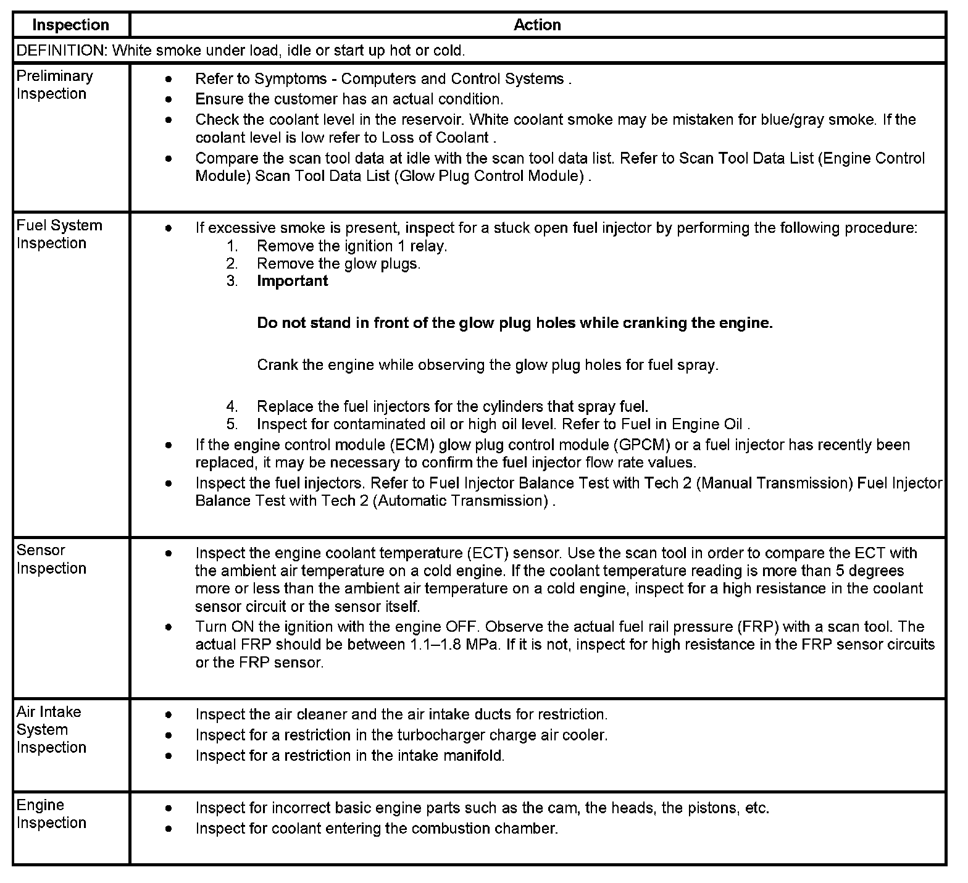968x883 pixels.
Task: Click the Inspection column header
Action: coord(70,25)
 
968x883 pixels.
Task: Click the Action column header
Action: coord(537,25)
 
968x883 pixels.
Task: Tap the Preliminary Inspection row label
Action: coord(54,85)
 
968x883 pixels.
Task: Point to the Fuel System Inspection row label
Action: coord(59,234)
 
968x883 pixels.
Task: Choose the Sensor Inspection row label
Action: coord(51,559)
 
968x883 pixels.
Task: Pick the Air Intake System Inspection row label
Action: coord(51,729)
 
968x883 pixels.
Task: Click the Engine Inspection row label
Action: coord(51,814)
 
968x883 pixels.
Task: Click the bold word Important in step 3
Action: coord(292,281)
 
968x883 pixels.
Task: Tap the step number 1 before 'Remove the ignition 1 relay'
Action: coord(232,246)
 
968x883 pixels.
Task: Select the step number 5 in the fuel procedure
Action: coord(232,424)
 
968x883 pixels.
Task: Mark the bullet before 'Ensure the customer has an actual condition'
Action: coord(169,99)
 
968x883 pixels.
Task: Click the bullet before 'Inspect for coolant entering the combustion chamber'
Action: coord(169,829)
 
